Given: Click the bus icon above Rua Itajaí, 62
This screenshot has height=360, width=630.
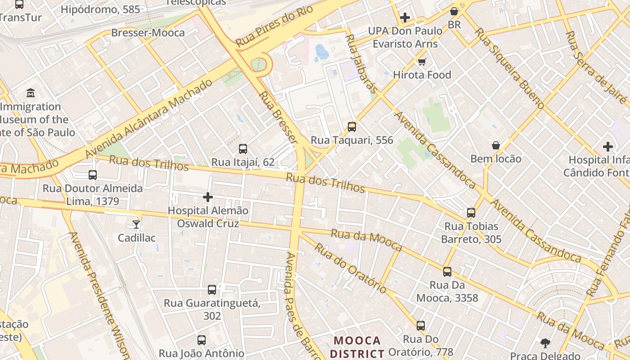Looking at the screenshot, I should point(243,148).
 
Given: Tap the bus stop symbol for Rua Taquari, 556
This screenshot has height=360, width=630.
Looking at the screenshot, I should point(352,127).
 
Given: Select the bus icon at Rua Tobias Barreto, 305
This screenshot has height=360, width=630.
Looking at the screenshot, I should point(471,213).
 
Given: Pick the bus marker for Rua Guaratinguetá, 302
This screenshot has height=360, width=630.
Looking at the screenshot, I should point(212,290).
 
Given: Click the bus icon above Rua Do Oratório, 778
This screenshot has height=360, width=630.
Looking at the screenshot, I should point(421,325).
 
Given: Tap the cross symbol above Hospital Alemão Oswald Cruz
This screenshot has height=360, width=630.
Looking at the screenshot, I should point(208,197).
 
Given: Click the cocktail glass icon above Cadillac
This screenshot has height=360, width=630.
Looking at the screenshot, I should point(136,224).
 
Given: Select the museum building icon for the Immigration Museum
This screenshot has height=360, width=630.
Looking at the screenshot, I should point(31,93).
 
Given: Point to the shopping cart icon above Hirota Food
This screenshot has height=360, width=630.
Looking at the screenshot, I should point(422,62).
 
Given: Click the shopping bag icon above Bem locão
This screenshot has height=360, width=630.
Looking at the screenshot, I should point(496,145).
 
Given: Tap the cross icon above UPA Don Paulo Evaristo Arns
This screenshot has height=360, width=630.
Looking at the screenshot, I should point(405,18).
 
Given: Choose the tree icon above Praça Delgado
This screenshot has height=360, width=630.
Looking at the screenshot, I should point(545,343).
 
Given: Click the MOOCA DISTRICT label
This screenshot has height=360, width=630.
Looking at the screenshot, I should point(358,346).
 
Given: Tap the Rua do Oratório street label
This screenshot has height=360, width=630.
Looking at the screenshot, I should point(350,268).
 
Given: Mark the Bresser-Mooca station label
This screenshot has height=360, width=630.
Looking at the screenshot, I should point(148,33).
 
